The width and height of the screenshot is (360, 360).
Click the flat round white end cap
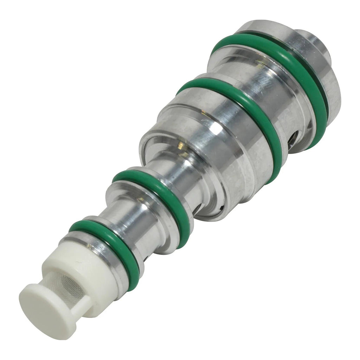pos(46,309)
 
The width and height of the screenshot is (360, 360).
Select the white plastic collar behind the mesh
pos(81,267)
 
